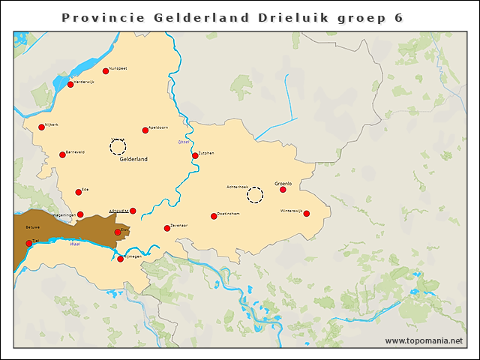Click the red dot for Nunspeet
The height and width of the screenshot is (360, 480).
[106, 71]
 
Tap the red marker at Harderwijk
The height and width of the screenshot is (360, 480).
[70, 85]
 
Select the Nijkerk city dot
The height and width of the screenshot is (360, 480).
[42, 127]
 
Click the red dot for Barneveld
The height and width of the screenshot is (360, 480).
[62, 155]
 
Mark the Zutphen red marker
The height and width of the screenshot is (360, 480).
[195, 156]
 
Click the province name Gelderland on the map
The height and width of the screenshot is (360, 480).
[133, 159]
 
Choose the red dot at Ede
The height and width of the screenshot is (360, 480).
[79, 192]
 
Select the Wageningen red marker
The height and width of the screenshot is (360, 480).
[80, 214]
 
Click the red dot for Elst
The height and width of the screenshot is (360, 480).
[118, 232]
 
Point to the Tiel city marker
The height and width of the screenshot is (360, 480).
[29, 243]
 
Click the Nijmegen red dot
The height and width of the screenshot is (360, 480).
[121, 259]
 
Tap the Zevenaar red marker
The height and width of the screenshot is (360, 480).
[167, 228]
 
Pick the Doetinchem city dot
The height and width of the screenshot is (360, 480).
[214, 216]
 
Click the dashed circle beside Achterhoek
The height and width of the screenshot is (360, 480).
[256, 195]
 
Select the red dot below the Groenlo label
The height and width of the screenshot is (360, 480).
[283, 190]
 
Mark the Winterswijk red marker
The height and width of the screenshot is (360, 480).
[306, 214]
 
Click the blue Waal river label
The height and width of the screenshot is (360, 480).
[74, 244]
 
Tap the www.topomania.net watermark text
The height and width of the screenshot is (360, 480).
[424, 340]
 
